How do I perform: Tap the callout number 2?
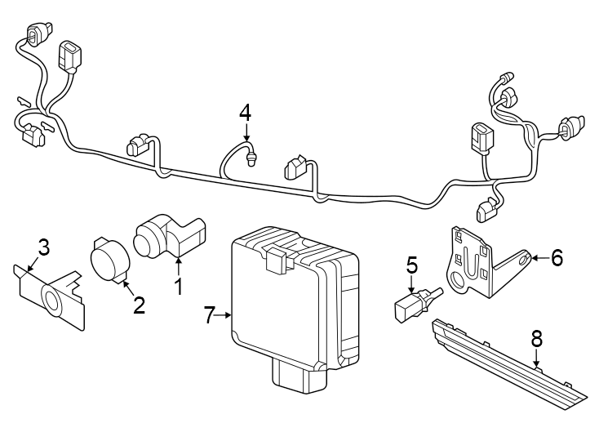pyautogui.click(x=139, y=305)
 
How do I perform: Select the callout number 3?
pyautogui.click(x=44, y=247)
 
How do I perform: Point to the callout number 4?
pyautogui.click(x=246, y=113)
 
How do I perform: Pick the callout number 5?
pyautogui.click(x=412, y=265)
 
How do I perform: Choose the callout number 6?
pyautogui.click(x=557, y=258)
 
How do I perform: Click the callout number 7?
pyautogui.click(x=210, y=314)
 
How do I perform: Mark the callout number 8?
pyautogui.click(x=536, y=336)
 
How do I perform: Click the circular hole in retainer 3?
pyautogui.click(x=53, y=301)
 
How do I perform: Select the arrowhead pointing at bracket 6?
pyautogui.click(x=533, y=258)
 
